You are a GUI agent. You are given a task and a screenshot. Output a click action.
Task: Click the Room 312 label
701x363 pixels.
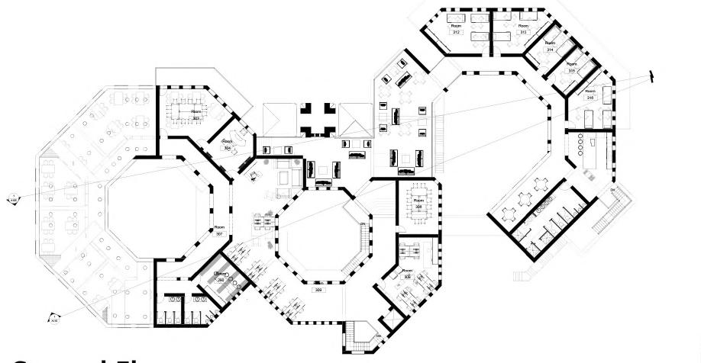click(x=456, y=30)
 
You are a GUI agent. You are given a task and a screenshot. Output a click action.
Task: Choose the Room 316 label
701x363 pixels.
click(x=590, y=95)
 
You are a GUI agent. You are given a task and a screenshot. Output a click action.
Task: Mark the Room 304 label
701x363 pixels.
click(x=227, y=144)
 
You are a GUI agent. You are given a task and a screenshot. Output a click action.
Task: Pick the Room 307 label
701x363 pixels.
click(x=219, y=230)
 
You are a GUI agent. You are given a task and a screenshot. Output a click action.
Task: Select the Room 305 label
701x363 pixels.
click(x=406, y=275)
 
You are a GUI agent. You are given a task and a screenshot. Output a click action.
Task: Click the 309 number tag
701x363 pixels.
click(x=318, y=291)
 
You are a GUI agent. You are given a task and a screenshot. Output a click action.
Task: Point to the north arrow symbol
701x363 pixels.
click(x=651, y=75)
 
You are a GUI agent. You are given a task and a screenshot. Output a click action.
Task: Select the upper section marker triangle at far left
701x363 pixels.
click(x=13, y=200)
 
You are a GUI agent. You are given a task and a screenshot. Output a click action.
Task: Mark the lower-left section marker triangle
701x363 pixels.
click(x=53, y=319)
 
